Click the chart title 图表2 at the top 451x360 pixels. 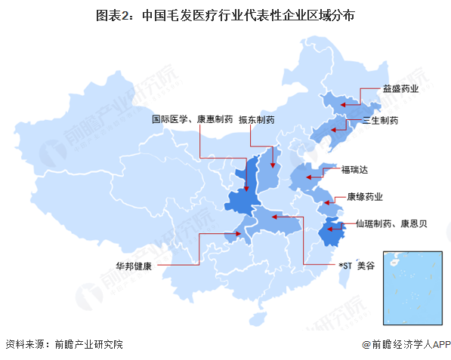point(225,15)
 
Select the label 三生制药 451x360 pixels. point(380,120)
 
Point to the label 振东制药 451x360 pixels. point(256,119)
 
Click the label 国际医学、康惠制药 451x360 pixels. point(191,119)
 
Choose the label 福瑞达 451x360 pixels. point(355,169)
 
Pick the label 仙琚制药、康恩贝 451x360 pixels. point(391,224)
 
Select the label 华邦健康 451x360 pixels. point(134,266)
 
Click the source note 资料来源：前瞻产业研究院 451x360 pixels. point(63,344)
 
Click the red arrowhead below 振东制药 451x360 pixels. point(272,164)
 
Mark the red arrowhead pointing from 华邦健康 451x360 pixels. point(239,234)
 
